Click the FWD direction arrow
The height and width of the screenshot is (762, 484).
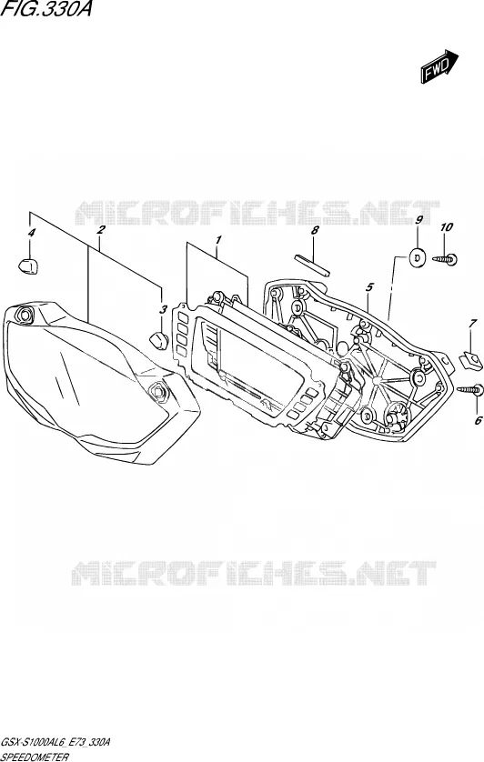pos(439,66)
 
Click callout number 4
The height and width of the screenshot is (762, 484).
pos(32,234)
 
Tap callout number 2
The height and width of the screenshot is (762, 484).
pos(101,229)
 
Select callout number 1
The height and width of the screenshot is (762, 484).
pos(219,239)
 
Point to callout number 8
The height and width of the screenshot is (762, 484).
pos(315,230)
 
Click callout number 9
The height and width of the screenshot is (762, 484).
pos(418,220)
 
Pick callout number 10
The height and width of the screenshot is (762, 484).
pos(446,227)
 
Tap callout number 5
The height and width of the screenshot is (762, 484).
pos(369,287)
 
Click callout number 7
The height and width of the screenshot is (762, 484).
pos(472,324)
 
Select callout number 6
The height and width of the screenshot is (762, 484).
pos(479,420)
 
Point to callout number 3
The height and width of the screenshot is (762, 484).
pos(164,309)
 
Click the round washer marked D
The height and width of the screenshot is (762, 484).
pos(417,256)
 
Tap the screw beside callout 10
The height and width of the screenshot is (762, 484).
pos(445,260)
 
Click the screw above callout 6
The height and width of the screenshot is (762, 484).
pos(470,389)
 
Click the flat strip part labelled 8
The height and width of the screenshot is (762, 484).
pos(312,265)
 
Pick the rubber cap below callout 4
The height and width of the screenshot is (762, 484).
pos(29,266)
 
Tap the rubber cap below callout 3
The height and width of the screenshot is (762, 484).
pos(158,340)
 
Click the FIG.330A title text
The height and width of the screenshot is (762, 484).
pos(45,10)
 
